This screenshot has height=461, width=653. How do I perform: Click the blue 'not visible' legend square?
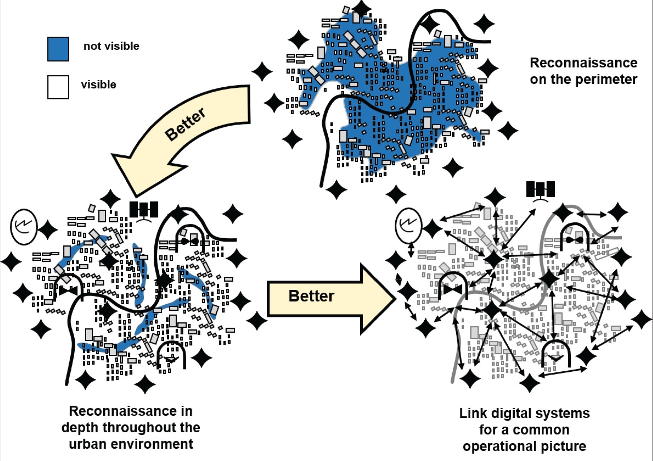click(58, 49)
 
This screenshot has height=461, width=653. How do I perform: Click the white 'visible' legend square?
click(58, 87)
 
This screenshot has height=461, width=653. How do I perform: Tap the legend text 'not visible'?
click(111, 46)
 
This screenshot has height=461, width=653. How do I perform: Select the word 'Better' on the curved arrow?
click(185, 124)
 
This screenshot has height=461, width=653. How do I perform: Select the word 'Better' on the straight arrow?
click(311, 296)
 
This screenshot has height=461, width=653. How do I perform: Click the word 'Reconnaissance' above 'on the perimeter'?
click(583, 63)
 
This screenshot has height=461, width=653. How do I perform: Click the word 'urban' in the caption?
click(88, 444)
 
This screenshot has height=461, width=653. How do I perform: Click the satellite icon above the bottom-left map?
click(144, 210)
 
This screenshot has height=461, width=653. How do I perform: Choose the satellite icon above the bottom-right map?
click(540, 190)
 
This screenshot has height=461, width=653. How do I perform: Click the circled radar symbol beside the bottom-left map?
click(24, 226)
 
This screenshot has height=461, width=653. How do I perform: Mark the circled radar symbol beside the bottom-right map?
click(408, 225)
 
